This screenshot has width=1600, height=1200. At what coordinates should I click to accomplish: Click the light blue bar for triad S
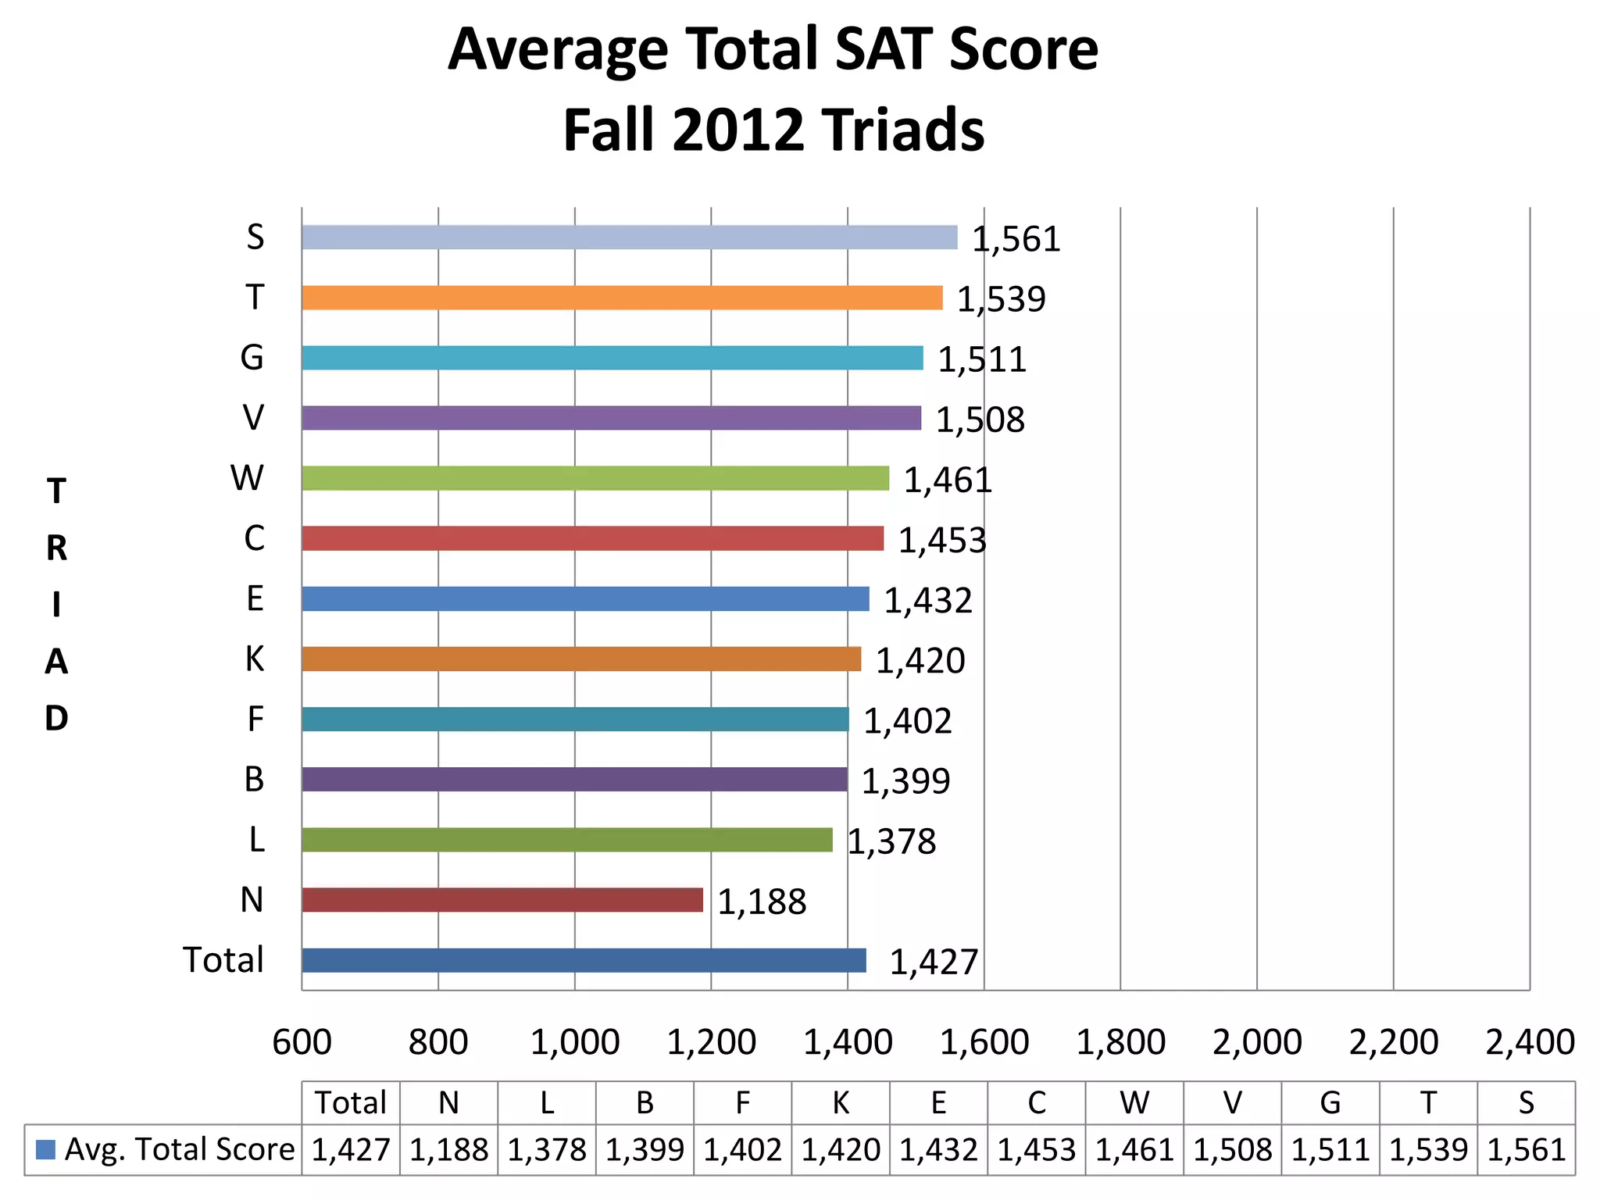click(x=629, y=237)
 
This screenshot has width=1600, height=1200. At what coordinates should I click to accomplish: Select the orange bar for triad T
click(x=622, y=298)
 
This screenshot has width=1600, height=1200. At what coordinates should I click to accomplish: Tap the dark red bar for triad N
click(x=502, y=900)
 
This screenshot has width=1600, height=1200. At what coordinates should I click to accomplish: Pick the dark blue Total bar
click(x=584, y=960)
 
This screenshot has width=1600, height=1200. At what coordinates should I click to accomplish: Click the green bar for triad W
click(x=595, y=478)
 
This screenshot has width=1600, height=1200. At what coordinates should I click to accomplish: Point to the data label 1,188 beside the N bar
click(x=762, y=902)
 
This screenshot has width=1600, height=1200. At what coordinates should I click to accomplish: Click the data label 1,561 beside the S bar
click(x=1016, y=240)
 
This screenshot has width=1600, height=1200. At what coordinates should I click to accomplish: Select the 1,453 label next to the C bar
click(x=942, y=541)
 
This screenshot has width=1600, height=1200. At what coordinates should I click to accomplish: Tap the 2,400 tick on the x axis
click(x=1529, y=1042)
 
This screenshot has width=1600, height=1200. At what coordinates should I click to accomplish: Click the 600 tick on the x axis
click(x=302, y=1042)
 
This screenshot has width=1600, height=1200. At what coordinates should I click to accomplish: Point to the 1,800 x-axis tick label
click(x=1120, y=1042)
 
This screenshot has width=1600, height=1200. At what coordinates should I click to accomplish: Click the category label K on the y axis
click(x=255, y=659)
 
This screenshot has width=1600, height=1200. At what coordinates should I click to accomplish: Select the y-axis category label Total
click(x=223, y=960)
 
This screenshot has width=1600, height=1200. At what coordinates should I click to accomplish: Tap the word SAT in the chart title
click(x=884, y=49)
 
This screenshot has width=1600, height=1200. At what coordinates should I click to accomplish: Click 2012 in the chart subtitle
click(x=737, y=130)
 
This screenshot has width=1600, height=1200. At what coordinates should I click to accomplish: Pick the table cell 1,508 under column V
click(x=1232, y=1150)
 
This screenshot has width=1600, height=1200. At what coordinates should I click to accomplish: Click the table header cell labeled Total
click(x=351, y=1103)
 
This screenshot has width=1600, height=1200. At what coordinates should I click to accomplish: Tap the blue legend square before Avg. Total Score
click(x=46, y=1149)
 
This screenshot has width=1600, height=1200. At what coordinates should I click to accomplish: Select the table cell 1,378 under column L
click(x=547, y=1150)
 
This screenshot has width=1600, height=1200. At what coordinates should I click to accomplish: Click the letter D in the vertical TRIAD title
click(x=56, y=718)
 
